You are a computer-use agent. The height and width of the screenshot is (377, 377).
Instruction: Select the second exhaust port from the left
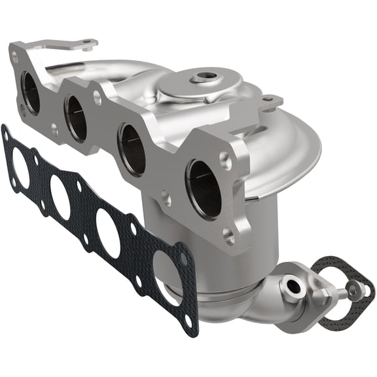(76, 118)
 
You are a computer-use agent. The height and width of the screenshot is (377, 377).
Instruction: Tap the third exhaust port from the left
(132, 149)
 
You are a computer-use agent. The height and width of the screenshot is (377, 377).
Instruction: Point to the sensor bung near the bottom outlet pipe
(291, 286)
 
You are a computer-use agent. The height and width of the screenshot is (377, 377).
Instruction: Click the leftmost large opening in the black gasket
(20, 169)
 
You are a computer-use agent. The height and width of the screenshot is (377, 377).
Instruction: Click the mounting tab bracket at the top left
(79, 46)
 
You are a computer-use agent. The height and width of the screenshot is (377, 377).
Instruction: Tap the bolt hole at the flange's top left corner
(15, 57)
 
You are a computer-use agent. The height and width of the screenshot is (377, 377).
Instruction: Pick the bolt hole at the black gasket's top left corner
(7, 135)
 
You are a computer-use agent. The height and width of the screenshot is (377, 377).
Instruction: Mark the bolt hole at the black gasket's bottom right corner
(190, 321)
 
